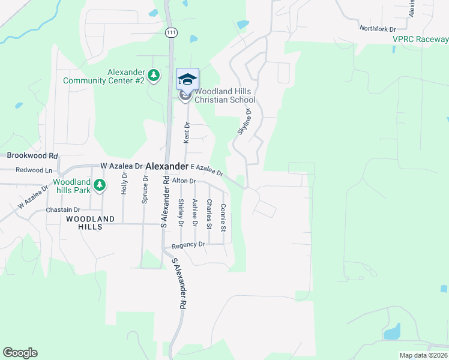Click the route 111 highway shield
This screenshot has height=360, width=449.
172,32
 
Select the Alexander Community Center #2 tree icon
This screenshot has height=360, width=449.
154,75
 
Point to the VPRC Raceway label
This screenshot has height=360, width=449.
420,39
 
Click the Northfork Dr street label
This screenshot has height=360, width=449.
378,28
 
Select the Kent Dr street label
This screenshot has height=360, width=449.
187,133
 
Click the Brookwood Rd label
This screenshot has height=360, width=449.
31,155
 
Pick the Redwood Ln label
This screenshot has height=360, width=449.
34,170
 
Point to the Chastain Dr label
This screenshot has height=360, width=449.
63,210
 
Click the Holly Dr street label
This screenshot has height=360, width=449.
125,182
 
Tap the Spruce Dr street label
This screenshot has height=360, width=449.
145,190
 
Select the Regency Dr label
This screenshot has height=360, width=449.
188,245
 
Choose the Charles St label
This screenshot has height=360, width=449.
208,214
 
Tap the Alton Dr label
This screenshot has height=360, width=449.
184,181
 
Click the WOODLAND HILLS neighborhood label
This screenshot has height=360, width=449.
91,223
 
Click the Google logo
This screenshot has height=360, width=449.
20,353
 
